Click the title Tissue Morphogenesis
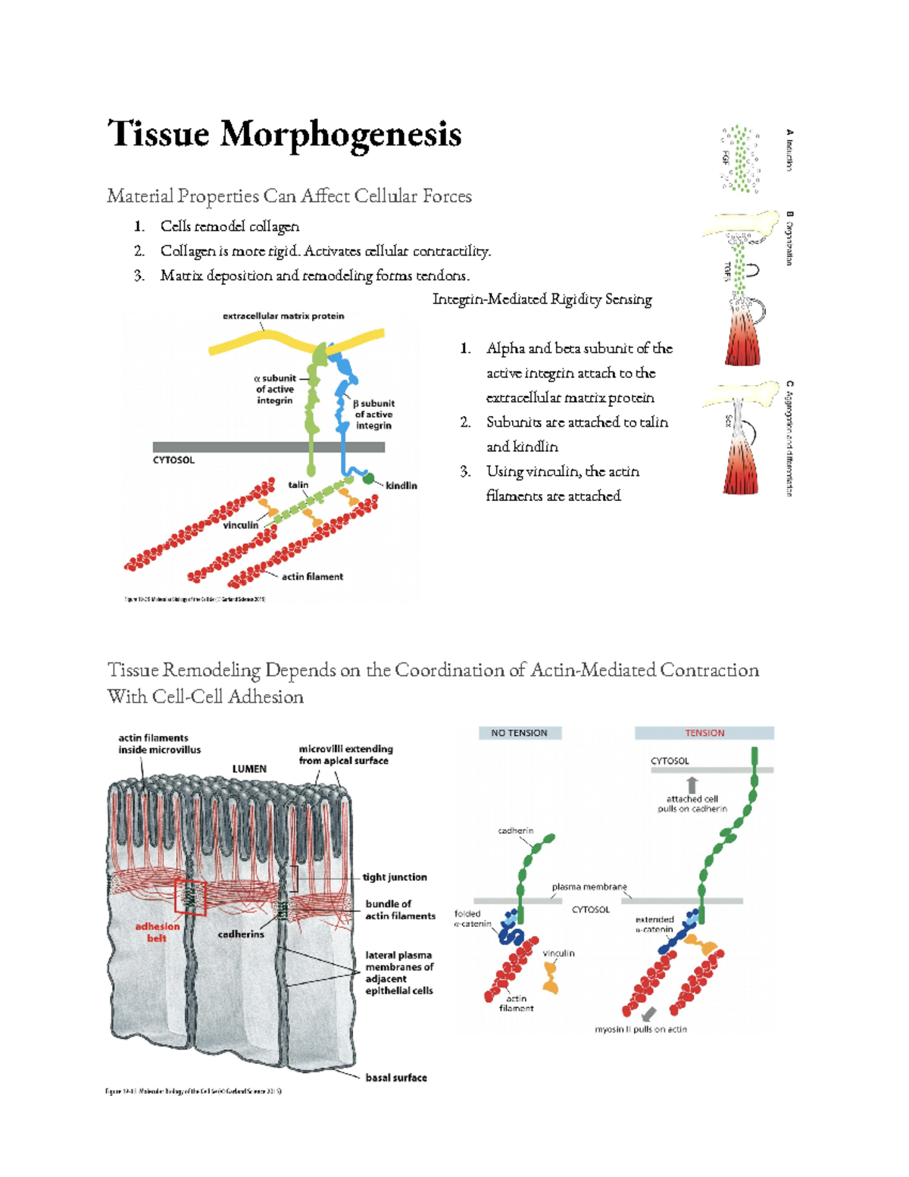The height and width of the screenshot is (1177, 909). pos(284,135)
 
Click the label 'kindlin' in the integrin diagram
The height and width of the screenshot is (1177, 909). pos(401,485)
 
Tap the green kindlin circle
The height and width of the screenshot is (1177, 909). pos(368,478)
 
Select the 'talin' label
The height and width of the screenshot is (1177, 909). pos(298,484)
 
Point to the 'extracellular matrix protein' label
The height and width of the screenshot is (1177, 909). pos(283,316)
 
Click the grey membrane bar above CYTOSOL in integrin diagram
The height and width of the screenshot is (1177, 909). pos(268,447)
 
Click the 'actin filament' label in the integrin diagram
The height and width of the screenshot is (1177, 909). pos(312,577)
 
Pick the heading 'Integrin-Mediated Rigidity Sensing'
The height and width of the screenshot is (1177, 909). pos(542,299)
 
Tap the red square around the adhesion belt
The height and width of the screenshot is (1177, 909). pos(190,897)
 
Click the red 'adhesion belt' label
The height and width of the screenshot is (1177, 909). pos(157,931)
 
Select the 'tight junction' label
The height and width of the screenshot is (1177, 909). pos(394,877)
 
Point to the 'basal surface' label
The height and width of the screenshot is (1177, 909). pos(395,1077)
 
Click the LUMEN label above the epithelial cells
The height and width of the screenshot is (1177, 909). pos(248,768)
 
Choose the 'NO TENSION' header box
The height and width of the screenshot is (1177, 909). pos(520,733)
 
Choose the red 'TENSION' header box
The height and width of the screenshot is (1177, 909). pos(704,733)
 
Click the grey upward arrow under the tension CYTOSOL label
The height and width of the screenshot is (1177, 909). pos(692,784)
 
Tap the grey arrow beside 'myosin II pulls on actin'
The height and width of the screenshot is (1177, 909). pos(647,1014)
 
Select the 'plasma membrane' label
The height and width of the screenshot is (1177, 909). pos(589,887)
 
